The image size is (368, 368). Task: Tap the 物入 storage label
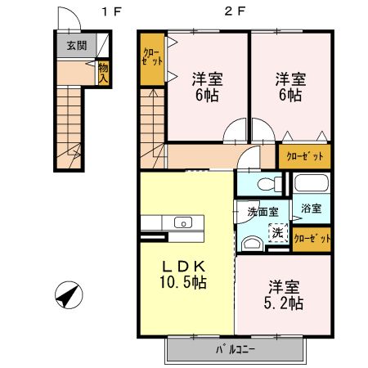tap(104, 71)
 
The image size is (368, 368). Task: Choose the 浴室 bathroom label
tap(310, 209)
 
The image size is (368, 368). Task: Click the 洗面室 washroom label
tap(263, 212)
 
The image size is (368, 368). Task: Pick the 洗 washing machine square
tap(278, 231)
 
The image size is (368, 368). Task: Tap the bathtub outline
tap(312, 185)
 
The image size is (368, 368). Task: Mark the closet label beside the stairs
tap(151, 58)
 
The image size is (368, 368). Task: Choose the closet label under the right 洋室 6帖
tap(304, 155)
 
